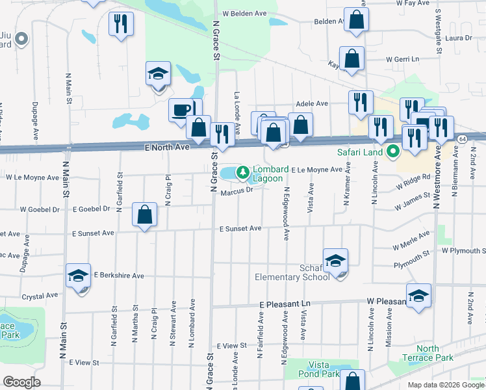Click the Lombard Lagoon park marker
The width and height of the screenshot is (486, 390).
[243, 173]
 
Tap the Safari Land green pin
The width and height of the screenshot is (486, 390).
[393, 153]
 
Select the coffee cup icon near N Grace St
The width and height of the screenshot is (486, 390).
[181, 109]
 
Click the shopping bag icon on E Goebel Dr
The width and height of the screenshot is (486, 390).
[144, 214]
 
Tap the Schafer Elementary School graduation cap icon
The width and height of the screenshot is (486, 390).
[335, 261]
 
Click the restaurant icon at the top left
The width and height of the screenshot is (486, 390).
[120, 24]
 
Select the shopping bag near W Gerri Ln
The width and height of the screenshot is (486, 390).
[352, 58]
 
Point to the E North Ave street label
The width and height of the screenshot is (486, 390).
[167, 148]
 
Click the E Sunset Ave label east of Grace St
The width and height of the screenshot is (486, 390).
[240, 229]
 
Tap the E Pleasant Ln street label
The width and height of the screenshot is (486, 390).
[285, 304]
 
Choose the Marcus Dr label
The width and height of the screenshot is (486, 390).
[236, 190]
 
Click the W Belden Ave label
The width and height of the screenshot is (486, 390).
[245, 12]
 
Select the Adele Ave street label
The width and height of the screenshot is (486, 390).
[312, 103]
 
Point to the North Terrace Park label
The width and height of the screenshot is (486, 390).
[435, 354]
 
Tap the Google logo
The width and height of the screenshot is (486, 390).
[21, 382]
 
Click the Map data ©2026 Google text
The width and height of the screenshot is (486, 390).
[445, 385]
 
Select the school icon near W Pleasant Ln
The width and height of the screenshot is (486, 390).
[418, 295]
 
